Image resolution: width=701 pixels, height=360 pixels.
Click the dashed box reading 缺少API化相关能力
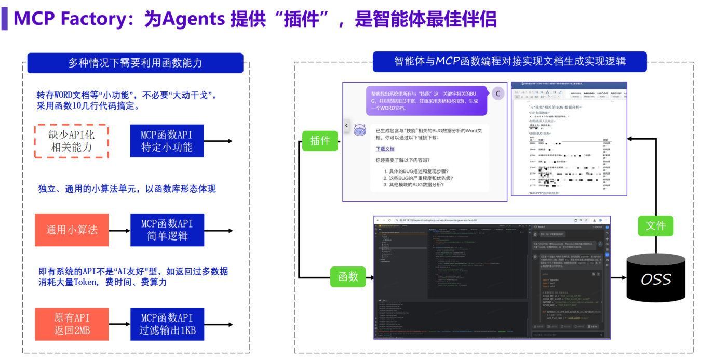coord(71,141)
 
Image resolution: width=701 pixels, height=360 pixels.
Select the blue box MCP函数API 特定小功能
coord(167,141)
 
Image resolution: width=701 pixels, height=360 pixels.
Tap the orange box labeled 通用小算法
coord(72,230)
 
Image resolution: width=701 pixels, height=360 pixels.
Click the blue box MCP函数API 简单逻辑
coord(167,230)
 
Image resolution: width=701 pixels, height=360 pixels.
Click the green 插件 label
coord(320,141)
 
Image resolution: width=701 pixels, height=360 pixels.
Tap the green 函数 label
coord(348,276)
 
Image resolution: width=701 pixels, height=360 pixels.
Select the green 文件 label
coord(655,226)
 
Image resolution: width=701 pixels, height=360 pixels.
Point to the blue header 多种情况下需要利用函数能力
coord(135,63)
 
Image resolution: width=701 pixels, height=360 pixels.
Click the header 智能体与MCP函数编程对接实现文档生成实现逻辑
coord(509,61)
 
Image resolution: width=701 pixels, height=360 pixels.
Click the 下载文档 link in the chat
coord(385,149)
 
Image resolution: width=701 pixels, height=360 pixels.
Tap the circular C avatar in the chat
coord(497,94)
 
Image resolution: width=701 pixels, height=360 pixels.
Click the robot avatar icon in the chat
coord(360,130)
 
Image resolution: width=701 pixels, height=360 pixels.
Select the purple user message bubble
coord(426,100)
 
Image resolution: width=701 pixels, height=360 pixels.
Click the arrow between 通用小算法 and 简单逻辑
coord(119,230)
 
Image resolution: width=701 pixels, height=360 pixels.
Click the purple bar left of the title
coord(4,19)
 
